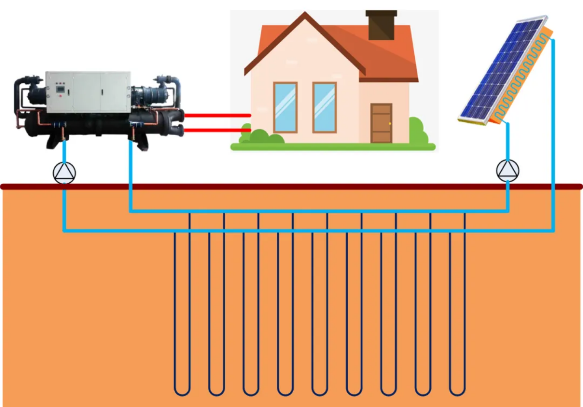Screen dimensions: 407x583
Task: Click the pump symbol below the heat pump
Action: pyautogui.click(x=64, y=173)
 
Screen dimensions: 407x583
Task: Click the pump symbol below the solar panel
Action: pyautogui.click(x=507, y=170)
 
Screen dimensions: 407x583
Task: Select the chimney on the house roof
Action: pyautogui.click(x=381, y=25)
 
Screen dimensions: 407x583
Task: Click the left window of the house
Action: pyautogui.click(x=285, y=107)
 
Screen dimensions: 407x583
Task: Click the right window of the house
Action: pyautogui.click(x=324, y=107)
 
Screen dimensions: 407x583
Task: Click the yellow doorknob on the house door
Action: pyautogui.click(x=390, y=124)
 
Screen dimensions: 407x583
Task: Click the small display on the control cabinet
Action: pyautogui.click(x=60, y=89)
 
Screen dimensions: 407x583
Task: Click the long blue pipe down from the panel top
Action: pyautogui.click(x=553, y=130)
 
